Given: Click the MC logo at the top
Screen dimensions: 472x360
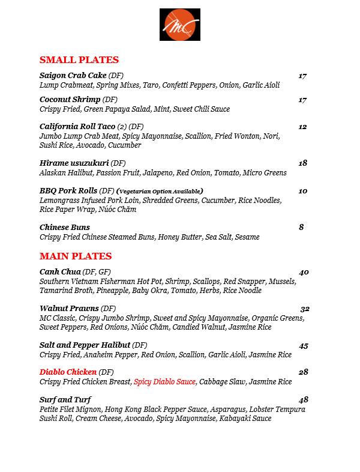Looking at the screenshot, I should click(x=179, y=25).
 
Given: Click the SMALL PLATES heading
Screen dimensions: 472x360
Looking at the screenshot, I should click(x=79, y=59).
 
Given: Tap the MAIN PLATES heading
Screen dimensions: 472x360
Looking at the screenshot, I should click(x=76, y=256).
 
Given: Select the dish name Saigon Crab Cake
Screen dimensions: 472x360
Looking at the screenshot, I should click(x=73, y=76).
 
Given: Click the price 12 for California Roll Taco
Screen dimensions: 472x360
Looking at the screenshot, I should click(x=302, y=127).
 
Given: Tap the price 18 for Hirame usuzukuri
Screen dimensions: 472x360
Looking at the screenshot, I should click(x=302, y=163).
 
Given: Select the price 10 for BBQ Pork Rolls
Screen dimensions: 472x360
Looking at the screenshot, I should click(x=302, y=191).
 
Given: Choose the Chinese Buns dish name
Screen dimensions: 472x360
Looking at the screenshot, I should click(x=65, y=227).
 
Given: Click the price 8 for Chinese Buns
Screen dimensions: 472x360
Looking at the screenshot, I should click(x=301, y=227).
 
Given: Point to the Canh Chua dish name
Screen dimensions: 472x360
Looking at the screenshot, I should click(x=60, y=272).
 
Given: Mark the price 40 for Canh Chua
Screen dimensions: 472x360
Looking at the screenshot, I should click(x=304, y=272).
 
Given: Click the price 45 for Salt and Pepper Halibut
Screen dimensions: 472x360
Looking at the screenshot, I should click(x=304, y=345).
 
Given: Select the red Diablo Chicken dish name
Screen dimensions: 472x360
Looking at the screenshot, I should click(x=68, y=372).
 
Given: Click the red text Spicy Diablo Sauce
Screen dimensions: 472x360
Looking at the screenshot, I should click(x=164, y=382).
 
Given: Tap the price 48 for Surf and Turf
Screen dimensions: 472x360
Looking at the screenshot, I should click(x=303, y=400).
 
